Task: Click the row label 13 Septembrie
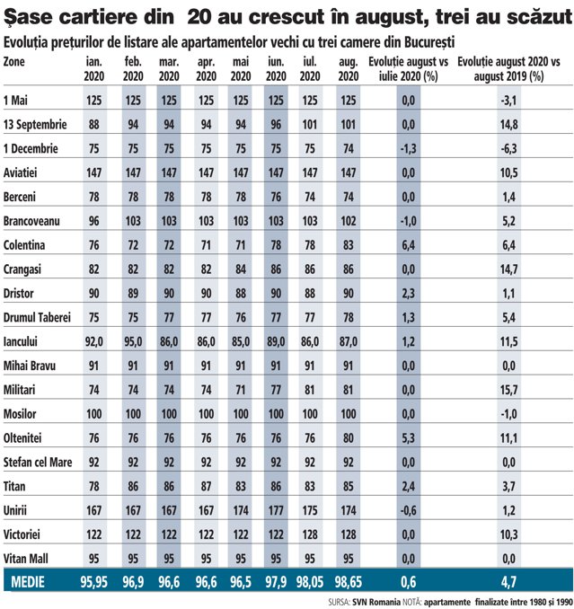point(35,125)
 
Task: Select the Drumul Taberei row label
point(37,317)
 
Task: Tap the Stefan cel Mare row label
point(38,463)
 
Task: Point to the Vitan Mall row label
point(26,559)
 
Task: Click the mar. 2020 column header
point(169,69)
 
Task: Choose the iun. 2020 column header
point(276,69)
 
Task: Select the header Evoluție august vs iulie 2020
point(408,69)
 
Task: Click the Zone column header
point(14,62)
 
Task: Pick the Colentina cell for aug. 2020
point(348,245)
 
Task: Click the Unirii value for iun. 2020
point(276,510)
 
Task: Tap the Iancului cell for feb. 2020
point(133,342)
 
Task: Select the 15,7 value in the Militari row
point(508,390)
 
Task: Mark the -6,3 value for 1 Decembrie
point(508,149)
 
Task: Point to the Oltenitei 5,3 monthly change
point(408,438)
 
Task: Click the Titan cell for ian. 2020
point(94,486)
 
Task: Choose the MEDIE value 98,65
point(348,582)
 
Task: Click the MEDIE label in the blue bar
point(28,582)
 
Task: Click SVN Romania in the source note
point(376,603)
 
